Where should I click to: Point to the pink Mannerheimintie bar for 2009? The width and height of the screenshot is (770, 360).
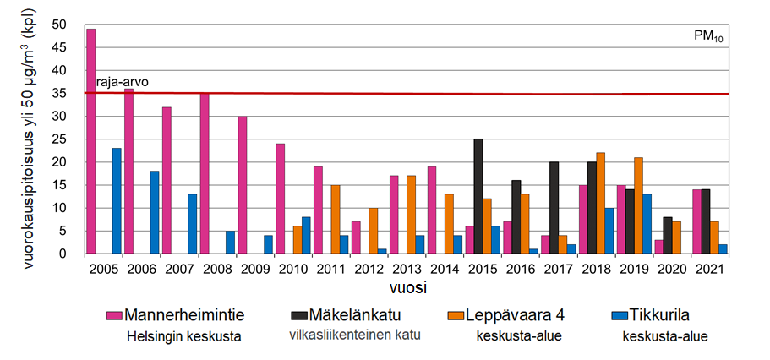pos(242,185)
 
